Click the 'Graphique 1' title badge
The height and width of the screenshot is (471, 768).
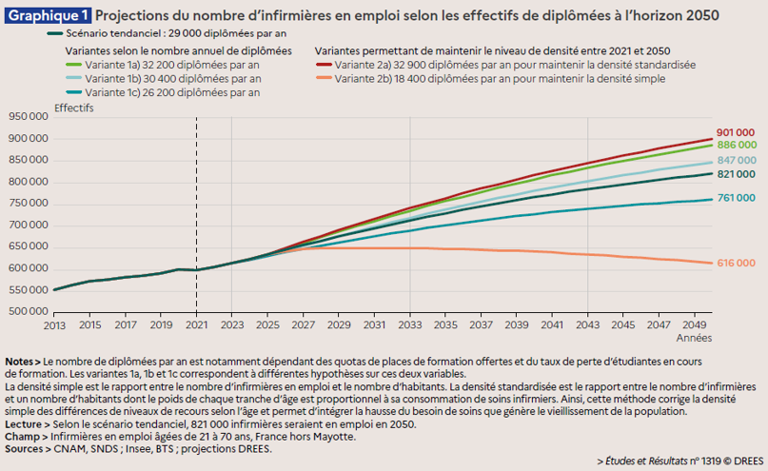[x=49, y=15]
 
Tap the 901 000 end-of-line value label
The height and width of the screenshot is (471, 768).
[x=736, y=132]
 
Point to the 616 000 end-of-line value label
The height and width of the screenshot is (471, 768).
[x=736, y=263]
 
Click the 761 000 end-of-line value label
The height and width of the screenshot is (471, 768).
[x=736, y=198]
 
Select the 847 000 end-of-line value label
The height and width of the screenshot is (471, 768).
[x=736, y=160]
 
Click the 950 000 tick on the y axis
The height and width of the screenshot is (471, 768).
[x=29, y=117]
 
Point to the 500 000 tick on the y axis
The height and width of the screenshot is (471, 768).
[x=29, y=311]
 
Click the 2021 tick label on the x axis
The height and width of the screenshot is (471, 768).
[x=196, y=325]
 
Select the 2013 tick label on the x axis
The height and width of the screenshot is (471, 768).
[x=53, y=325]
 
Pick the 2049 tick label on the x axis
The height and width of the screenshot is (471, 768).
[x=694, y=325]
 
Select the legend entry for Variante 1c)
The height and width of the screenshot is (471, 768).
[x=172, y=93]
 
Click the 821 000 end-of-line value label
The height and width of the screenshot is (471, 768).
[x=736, y=175]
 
